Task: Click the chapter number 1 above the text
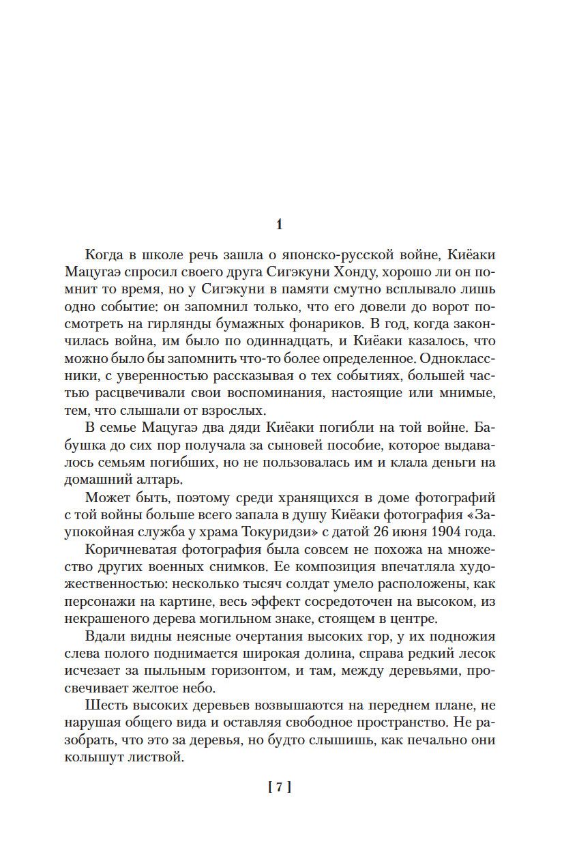click(x=278, y=224)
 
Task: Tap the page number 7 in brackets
click(x=280, y=787)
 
